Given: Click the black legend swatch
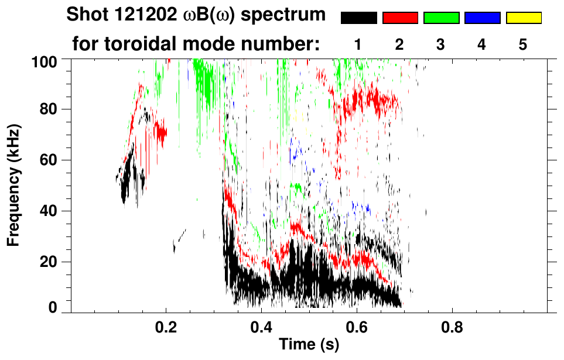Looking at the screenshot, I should [358, 18].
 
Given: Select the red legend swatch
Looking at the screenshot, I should [400, 18].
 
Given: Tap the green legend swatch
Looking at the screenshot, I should [441, 18].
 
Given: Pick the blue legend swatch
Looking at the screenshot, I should [482, 18].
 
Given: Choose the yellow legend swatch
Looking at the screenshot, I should [524, 18].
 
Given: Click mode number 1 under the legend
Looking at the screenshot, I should [358, 44].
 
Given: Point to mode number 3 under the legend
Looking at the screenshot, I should [441, 44].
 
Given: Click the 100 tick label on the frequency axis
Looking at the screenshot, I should [44, 61].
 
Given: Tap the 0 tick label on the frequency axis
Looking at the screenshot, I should [52, 307].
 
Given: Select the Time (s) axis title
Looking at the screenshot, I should [309, 345].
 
